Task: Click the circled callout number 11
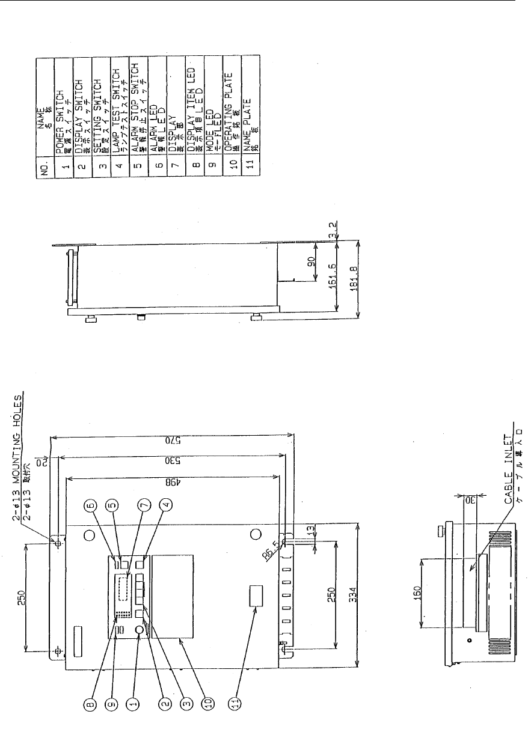[x=239, y=701]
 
